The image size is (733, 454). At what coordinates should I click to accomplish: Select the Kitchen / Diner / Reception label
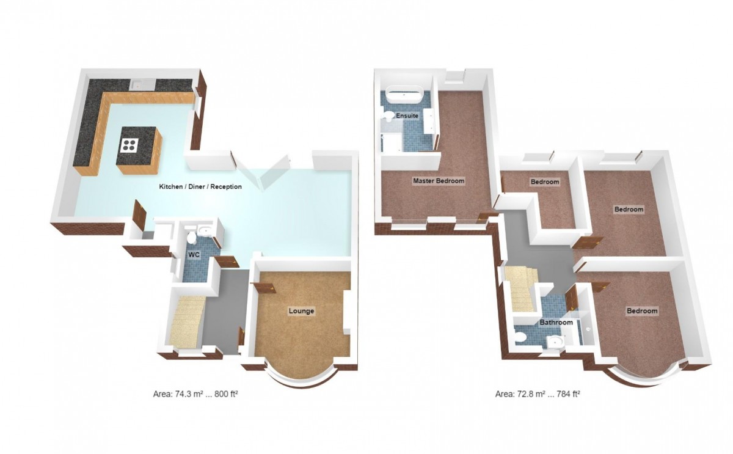[200, 186]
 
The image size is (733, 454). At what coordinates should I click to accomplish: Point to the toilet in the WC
[192, 235]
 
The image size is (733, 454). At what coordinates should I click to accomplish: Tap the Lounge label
[301, 311]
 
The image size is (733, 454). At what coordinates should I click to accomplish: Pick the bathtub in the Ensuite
[402, 95]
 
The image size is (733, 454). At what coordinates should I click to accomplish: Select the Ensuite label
[407, 115]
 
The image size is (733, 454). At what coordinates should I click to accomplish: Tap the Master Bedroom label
[439, 181]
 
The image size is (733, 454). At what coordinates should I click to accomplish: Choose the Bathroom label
[556, 322]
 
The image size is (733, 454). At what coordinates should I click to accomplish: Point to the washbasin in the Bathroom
[522, 335]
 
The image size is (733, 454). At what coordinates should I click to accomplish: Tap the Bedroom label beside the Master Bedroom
[544, 182]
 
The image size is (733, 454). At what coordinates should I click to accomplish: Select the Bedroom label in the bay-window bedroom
[642, 311]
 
